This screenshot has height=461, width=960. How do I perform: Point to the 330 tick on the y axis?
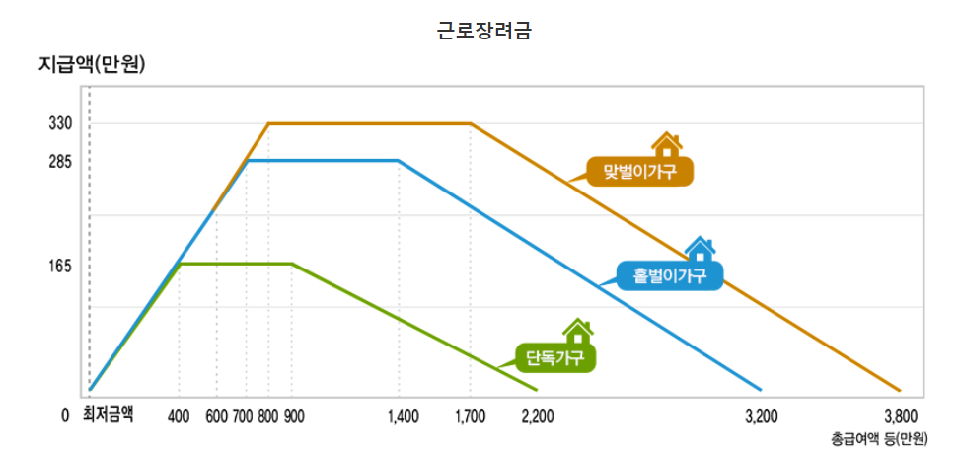(61, 123)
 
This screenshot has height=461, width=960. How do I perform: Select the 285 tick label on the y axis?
(61, 161)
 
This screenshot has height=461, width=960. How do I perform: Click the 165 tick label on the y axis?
(61, 267)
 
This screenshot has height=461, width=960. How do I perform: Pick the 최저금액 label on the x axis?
(108, 415)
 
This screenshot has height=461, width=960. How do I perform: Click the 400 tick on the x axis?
(179, 416)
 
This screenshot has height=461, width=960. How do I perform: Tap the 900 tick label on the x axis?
(293, 416)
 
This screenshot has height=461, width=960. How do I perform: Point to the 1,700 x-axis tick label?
(470, 416)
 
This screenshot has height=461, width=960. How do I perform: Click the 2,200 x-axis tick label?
(537, 416)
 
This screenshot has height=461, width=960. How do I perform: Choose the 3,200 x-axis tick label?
(761, 416)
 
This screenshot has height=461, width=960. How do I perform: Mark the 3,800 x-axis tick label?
(900, 416)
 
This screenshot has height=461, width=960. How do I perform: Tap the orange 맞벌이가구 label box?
(639, 172)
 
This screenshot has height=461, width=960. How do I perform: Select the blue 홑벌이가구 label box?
(670, 275)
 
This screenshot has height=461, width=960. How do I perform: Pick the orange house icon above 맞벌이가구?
(667, 145)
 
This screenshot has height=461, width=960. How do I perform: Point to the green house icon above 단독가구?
(578, 332)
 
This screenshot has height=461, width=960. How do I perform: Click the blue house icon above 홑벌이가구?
(700, 249)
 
